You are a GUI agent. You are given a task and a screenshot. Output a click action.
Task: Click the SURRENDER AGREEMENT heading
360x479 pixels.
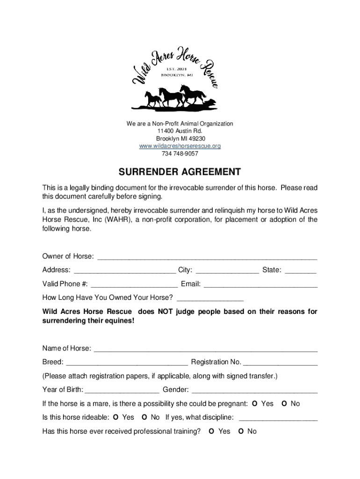click(180, 172)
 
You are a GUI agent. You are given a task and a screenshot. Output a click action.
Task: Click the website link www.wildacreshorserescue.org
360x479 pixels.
click(180, 146)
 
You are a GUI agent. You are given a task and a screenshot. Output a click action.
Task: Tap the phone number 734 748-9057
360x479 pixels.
click(180, 153)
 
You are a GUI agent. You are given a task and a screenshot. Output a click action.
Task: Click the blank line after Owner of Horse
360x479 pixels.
click(206, 256)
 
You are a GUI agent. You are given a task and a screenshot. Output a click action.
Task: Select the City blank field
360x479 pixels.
click(227, 270)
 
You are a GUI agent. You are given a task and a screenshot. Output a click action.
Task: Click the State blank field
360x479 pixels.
click(300, 270)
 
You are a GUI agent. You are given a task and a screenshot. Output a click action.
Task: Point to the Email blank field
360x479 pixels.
click(260, 284)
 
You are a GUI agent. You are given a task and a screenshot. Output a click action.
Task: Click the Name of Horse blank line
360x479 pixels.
click(206, 348)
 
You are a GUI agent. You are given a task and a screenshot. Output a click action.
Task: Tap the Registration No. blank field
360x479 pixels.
click(280, 362)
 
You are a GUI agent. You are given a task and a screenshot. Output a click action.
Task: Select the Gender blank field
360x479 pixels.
click(255, 390)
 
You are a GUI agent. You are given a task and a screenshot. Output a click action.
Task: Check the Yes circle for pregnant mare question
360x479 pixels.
click(254, 404)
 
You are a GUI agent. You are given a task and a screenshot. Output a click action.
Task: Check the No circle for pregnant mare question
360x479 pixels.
click(284, 404)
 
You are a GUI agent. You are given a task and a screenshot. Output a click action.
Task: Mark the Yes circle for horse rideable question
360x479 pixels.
click(115, 417)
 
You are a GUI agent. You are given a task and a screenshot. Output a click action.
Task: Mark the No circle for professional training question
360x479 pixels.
click(241, 431)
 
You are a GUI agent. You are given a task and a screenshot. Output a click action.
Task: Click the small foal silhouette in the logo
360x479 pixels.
click(153, 99)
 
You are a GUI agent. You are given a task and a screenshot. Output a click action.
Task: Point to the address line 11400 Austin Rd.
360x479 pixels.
click(180, 131)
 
